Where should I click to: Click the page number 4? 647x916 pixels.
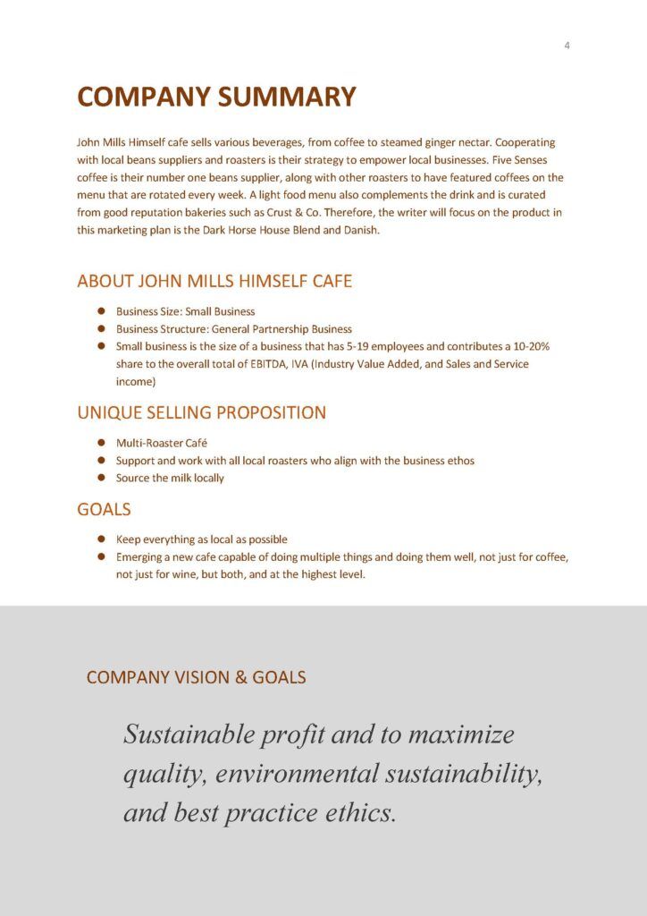pos(567,46)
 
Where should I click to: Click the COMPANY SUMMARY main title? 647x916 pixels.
pos(216,97)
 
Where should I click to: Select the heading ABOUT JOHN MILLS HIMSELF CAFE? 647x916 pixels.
pos(214,281)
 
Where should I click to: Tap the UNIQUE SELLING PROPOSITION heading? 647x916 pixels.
pos(201,412)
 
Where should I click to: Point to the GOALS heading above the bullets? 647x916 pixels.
pos(104,509)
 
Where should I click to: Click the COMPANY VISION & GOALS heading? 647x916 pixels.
pos(196,677)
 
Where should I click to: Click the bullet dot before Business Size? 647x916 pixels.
pos(101,311)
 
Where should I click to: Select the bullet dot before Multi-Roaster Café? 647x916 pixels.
pos(101,443)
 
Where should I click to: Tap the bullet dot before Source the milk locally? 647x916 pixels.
pos(101,478)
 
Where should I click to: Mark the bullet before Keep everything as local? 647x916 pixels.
pos(101,539)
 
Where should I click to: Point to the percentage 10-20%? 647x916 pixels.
pos(534,346)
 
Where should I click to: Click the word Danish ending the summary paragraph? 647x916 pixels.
pos(361,230)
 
